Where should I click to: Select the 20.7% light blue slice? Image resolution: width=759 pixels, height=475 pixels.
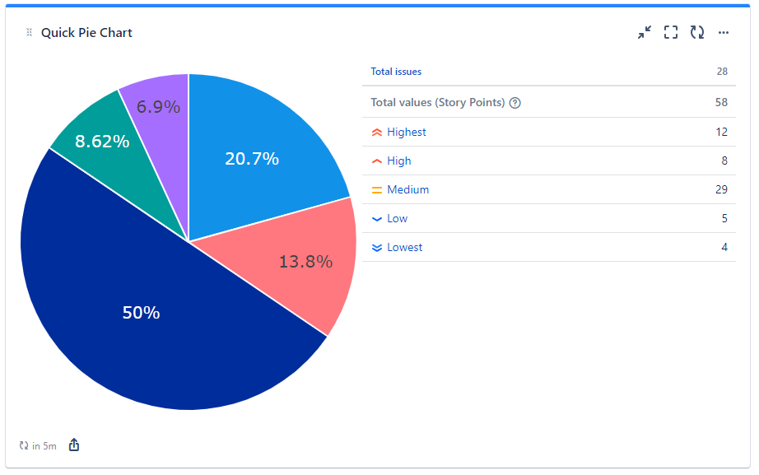(x=252, y=158)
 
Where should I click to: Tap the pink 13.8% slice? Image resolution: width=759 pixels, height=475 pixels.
(x=305, y=262)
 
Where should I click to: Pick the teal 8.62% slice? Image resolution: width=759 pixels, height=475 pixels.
(x=101, y=141)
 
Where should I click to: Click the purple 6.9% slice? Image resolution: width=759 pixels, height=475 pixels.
(x=157, y=106)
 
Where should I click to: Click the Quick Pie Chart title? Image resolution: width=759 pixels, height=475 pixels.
(x=86, y=33)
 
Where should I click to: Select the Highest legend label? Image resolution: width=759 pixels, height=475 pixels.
(x=406, y=132)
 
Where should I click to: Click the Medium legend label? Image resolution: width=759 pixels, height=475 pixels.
(x=407, y=189)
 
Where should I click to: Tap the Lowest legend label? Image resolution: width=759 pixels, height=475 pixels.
(x=404, y=247)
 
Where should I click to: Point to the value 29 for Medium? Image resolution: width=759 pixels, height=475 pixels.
(x=721, y=189)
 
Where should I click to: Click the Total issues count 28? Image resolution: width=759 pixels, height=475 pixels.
(x=721, y=72)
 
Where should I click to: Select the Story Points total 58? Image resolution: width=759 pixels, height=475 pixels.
(x=721, y=103)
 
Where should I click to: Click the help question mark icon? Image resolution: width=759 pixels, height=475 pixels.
(x=515, y=103)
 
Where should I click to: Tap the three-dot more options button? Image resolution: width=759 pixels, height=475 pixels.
(x=724, y=33)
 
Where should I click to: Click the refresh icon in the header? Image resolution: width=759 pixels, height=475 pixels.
(x=697, y=32)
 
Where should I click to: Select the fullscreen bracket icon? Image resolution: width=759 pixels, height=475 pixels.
(x=671, y=32)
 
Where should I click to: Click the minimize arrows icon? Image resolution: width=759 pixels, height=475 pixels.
(x=645, y=32)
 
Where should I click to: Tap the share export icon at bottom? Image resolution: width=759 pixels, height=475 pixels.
(x=74, y=445)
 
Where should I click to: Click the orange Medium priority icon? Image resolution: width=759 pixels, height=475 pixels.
(x=376, y=190)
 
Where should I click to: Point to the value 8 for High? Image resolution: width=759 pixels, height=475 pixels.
(x=724, y=161)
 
